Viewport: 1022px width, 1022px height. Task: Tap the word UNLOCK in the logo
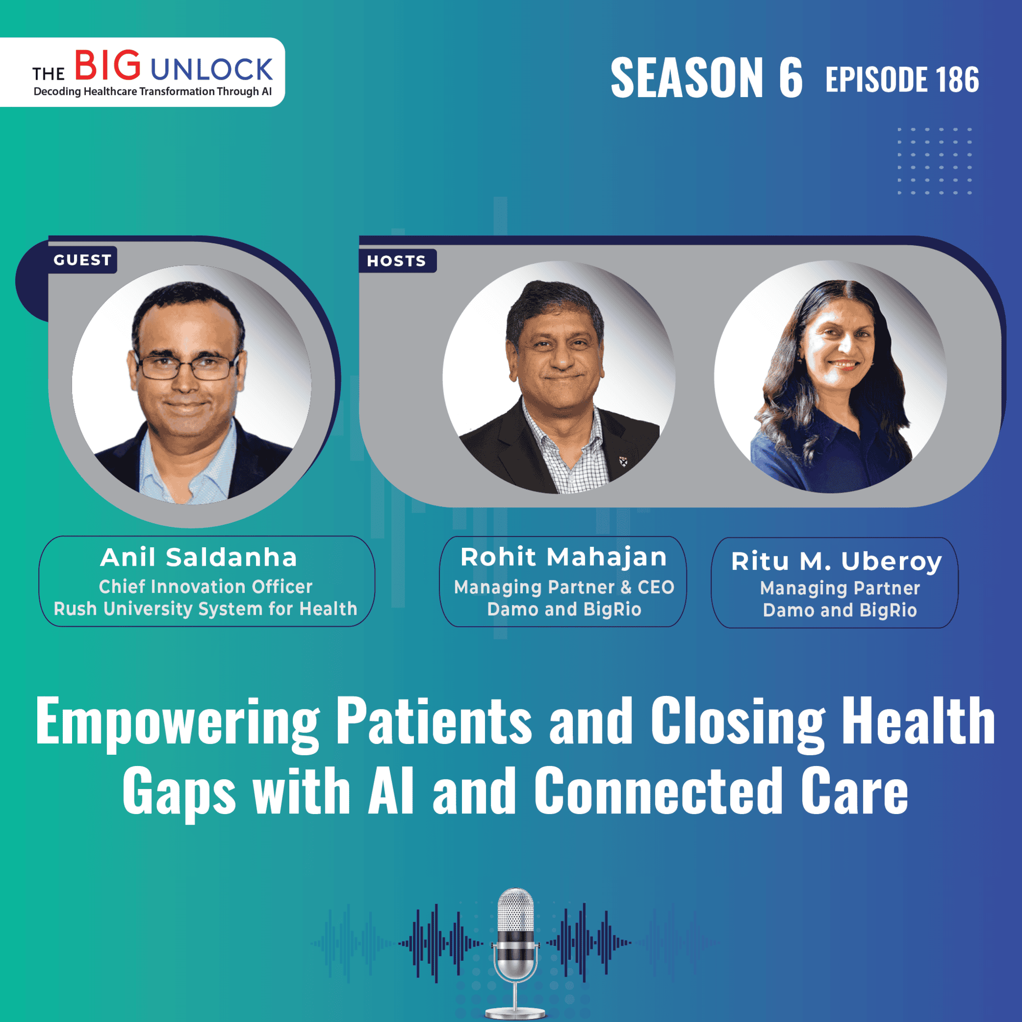[212, 70]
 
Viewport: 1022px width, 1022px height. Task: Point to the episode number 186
[957, 79]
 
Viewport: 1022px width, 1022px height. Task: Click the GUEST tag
[82, 260]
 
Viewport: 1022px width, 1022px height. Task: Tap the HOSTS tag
[397, 261]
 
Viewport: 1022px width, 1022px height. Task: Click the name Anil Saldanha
[199, 558]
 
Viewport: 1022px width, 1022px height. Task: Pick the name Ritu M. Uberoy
[837, 562]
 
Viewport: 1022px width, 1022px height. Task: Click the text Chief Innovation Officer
[206, 587]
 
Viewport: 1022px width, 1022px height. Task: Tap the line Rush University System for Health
[205, 609]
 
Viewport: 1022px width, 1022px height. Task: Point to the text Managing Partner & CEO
[564, 587]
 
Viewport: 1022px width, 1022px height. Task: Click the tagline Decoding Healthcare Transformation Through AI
[152, 91]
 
